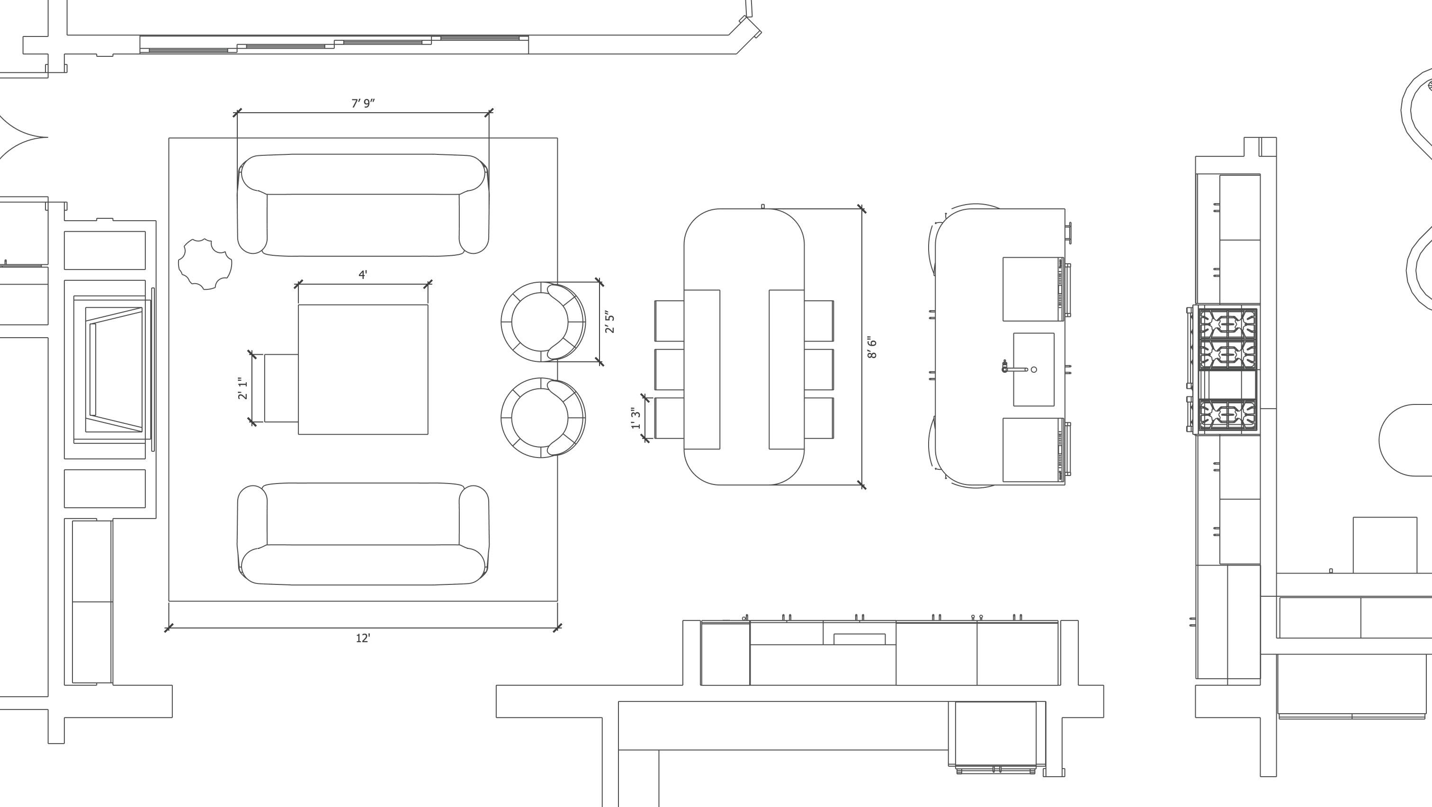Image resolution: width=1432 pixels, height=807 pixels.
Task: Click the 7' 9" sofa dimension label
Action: pyautogui.click(x=363, y=103)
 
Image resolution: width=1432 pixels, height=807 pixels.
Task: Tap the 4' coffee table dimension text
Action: pyautogui.click(x=363, y=275)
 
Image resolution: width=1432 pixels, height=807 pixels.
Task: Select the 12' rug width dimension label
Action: pyautogui.click(x=363, y=638)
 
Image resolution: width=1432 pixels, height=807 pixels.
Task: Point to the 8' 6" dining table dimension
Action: pyautogui.click(x=872, y=347)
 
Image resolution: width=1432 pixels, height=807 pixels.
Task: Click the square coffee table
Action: pyautogui.click(x=363, y=369)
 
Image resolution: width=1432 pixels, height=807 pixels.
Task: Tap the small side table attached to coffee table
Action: pyautogui.click(x=281, y=388)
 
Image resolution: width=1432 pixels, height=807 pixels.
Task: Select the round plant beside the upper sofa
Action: pyautogui.click(x=205, y=264)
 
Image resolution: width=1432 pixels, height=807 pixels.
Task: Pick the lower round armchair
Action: pyautogui.click(x=542, y=418)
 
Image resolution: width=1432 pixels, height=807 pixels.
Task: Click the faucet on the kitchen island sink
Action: pyautogui.click(x=1006, y=367)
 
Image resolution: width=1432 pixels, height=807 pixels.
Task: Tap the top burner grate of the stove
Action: pyautogui.click(x=1227, y=324)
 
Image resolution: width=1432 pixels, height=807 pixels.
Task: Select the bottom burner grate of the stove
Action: pyautogui.click(x=1227, y=414)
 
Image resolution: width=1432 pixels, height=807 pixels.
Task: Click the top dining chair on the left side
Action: pyautogui.click(x=669, y=321)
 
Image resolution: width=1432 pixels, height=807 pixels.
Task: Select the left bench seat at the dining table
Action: pyautogui.click(x=702, y=369)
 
